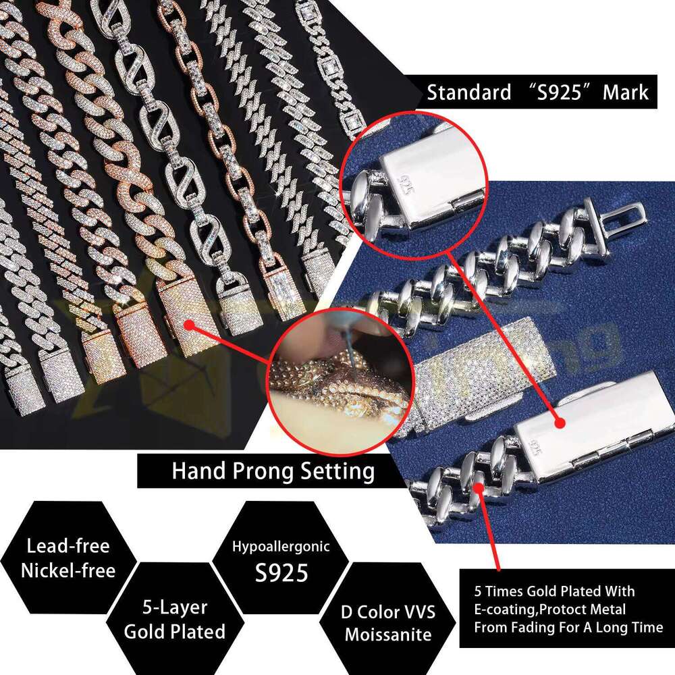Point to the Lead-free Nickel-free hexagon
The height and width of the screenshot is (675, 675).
pos(67,558)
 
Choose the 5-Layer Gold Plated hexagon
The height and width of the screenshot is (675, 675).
pos(174,620)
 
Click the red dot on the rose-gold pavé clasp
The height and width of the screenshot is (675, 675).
pos(190,325)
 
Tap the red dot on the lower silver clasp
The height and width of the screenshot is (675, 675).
pos(559,423)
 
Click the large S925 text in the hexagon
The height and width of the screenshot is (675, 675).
pos(281,572)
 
